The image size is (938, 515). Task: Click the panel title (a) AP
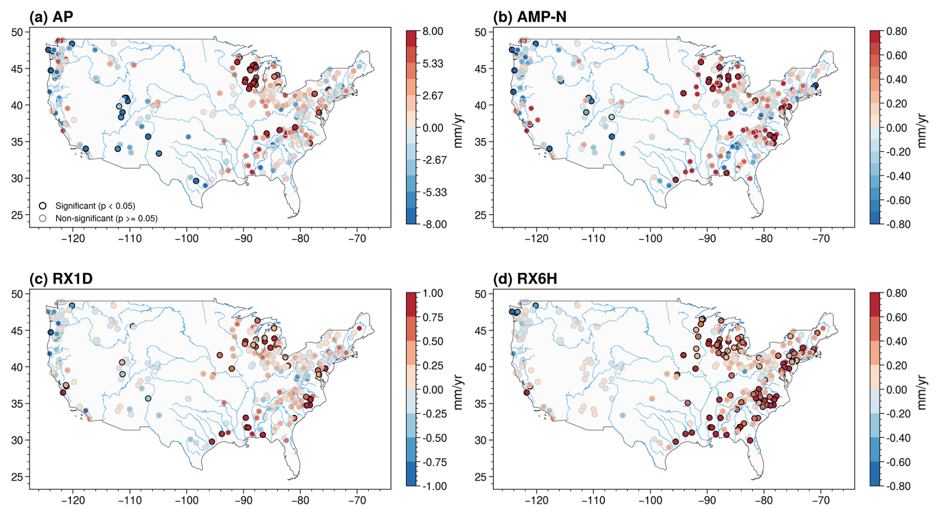[51, 17]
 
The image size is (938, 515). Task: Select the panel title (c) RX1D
[61, 279]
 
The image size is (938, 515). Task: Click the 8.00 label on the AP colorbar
[432, 31]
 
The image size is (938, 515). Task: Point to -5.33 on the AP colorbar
[434, 193]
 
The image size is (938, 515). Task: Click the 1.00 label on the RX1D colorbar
[432, 293]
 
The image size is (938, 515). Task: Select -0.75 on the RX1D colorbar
[434, 462]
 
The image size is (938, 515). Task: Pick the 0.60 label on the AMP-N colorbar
[896, 56]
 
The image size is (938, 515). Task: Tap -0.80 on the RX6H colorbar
[898, 486]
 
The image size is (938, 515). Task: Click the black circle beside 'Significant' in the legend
[43, 206]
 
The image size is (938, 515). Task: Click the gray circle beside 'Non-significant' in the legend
[43, 218]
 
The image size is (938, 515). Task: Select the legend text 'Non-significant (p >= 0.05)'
[107, 218]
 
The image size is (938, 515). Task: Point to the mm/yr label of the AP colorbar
[458, 128]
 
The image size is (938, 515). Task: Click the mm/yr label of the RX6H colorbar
[922, 389]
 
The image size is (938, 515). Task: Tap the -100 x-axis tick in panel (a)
[186, 239]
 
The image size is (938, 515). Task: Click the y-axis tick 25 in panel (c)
[17, 477]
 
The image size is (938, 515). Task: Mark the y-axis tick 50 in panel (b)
[481, 32]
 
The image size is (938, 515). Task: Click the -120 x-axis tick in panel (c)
[73, 501]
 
